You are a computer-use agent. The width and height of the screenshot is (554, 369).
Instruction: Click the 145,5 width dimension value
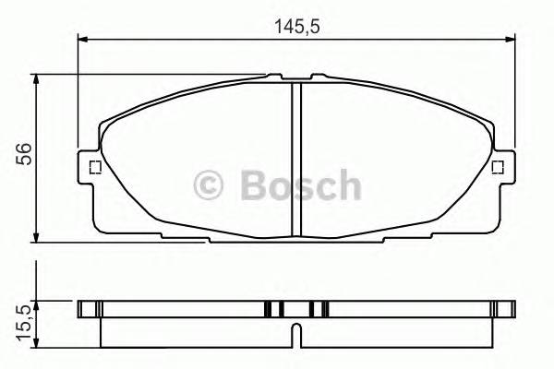click(x=295, y=26)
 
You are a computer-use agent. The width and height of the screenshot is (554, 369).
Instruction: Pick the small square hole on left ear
click(x=92, y=167)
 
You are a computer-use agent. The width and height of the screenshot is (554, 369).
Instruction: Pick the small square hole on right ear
click(x=498, y=167)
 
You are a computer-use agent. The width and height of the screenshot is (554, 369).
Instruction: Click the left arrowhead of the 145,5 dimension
click(x=82, y=39)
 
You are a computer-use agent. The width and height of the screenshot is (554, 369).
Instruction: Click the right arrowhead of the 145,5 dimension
click(x=510, y=39)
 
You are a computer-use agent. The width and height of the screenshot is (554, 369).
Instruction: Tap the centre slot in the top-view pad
click(x=296, y=157)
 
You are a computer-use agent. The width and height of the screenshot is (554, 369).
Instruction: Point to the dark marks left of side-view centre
click(x=273, y=309)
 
